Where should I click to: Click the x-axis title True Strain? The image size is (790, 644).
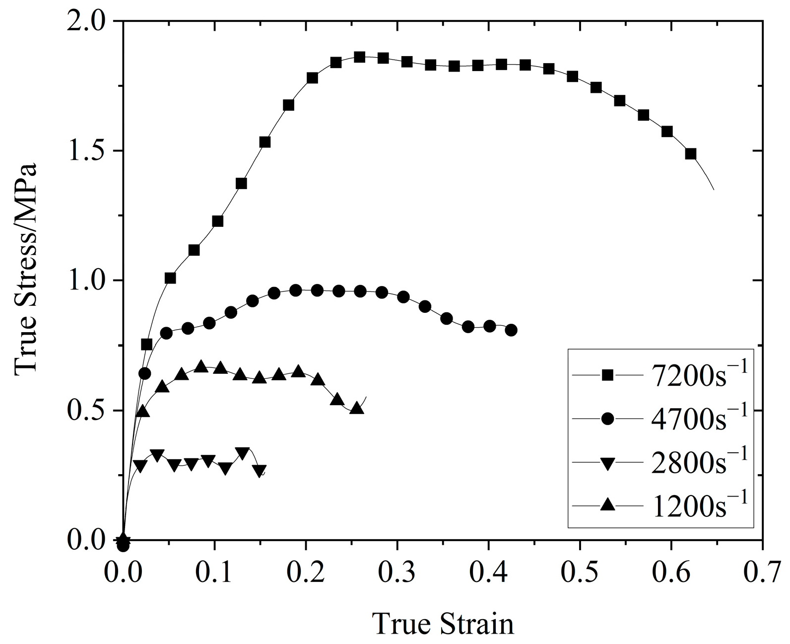point(444,624)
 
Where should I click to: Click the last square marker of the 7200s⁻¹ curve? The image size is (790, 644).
point(690,154)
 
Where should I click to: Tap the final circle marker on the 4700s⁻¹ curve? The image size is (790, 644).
point(512,330)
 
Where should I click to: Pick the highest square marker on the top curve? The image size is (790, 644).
point(360,57)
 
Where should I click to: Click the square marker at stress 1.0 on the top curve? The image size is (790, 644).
point(170,278)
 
